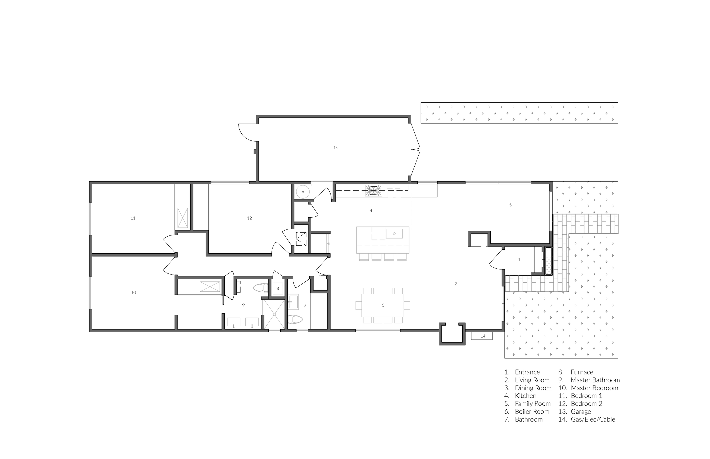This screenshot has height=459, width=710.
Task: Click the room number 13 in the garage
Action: click(336, 148)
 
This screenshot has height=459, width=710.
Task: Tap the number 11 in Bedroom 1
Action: click(133, 218)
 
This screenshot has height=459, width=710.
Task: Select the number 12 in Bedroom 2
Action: click(249, 218)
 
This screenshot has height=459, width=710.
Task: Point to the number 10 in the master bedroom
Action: click(134, 293)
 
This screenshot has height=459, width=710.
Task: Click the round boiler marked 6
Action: click(303, 192)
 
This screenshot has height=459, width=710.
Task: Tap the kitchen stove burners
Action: click(373, 191)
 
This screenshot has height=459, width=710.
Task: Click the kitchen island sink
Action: click(394, 233)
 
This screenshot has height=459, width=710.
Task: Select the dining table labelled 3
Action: click(383, 306)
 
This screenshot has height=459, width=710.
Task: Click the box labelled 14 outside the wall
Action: click(482, 336)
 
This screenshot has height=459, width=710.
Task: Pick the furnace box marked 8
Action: click(278, 289)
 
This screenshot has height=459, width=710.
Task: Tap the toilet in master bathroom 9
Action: click(261, 288)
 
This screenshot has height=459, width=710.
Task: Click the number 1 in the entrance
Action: click(519, 260)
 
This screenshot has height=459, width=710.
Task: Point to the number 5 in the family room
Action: click(510, 205)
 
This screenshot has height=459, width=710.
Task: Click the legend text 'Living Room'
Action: click(532, 380)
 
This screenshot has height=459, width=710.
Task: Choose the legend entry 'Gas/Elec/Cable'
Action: click(593, 420)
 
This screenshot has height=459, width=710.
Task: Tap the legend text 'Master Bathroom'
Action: click(596, 380)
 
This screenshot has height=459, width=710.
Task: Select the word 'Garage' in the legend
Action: click(581, 412)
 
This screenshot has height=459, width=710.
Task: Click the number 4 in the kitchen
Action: click(371, 210)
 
